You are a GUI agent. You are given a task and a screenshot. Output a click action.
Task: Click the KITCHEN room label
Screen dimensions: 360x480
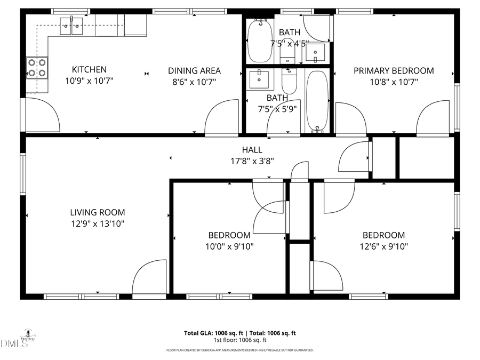click(x=89, y=70)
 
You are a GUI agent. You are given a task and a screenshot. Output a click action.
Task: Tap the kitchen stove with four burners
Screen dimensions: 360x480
click(x=37, y=68)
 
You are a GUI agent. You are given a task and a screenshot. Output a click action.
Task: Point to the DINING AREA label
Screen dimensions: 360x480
click(x=194, y=70)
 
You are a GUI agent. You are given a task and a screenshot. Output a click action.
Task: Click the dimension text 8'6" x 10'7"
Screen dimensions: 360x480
click(x=194, y=82)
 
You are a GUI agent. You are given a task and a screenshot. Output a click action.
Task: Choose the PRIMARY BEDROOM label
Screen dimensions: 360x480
click(x=394, y=70)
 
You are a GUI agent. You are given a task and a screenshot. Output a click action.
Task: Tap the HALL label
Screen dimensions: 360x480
click(x=252, y=150)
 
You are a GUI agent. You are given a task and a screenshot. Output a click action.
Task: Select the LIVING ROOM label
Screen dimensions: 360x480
click(x=97, y=212)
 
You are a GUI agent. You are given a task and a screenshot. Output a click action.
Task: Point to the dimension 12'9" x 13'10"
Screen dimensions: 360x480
click(x=97, y=224)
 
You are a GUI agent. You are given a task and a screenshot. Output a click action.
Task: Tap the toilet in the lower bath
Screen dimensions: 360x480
click(x=289, y=82)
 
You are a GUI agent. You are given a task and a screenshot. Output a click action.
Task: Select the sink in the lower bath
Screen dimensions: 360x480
click(x=260, y=79)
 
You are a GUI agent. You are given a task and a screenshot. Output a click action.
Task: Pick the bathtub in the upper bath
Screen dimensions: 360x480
click(x=260, y=41)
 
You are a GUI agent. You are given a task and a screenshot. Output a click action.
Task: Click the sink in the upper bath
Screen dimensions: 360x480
click(x=316, y=52)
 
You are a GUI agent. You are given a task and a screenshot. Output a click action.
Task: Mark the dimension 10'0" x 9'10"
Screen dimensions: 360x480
click(x=229, y=246)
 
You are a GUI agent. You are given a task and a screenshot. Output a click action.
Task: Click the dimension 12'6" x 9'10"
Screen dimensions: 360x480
click(x=383, y=246)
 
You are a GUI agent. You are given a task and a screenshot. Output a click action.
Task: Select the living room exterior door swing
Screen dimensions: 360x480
click(x=150, y=277)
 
